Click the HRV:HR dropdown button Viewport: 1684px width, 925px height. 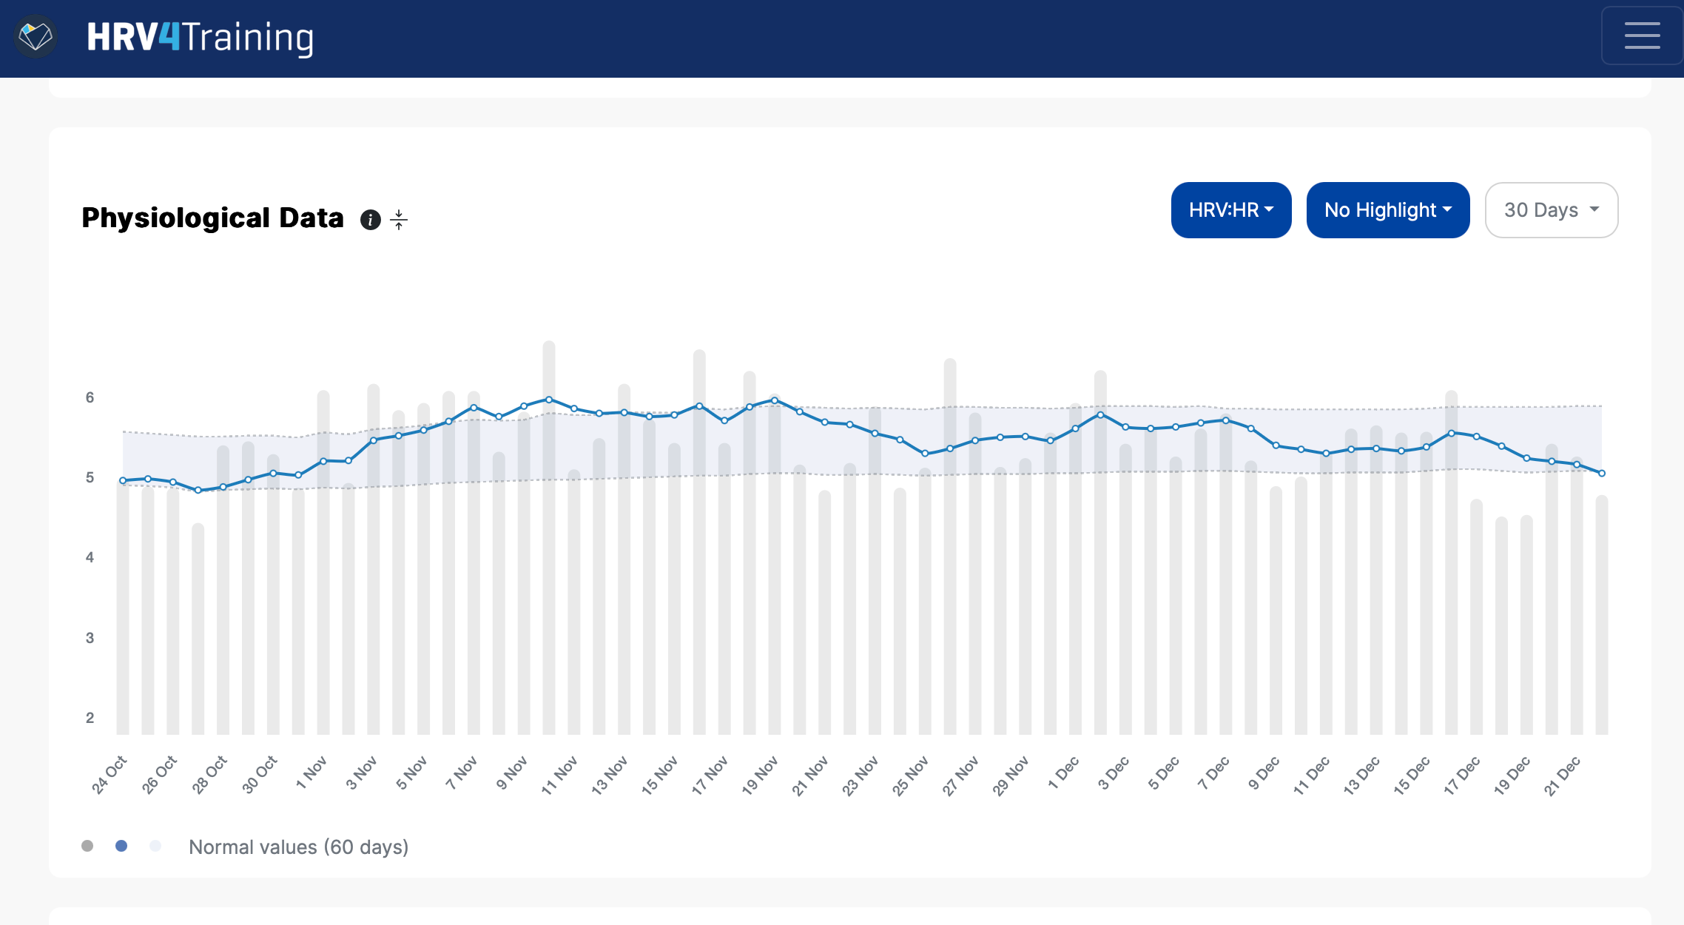pos(1230,210)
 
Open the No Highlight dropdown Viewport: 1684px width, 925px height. pos(1387,210)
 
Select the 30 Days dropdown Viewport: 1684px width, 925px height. pos(1551,210)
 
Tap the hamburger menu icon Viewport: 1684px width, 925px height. pos(1642,36)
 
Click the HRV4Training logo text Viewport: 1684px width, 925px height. pos(201,37)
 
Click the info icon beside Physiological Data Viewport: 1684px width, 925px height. pos(370,220)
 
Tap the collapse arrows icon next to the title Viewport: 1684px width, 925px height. pos(399,220)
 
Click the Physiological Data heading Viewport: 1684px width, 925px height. pos(212,218)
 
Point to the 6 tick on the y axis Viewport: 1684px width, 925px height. pos(90,397)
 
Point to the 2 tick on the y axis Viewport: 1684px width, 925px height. pos(90,718)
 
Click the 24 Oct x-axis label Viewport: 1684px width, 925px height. pos(110,774)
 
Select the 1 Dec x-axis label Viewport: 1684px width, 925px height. pos(1063,773)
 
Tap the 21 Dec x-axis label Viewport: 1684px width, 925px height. pos(1562,775)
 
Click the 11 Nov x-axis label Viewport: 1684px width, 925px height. pos(559,775)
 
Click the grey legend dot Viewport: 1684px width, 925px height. pos(87,846)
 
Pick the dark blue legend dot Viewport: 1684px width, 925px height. pos(121,846)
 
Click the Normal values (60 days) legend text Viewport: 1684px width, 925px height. pos(298,847)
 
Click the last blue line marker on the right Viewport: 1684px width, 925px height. pos(1602,473)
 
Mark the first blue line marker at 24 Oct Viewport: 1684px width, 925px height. pos(123,480)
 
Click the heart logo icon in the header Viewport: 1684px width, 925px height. pos(35,36)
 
